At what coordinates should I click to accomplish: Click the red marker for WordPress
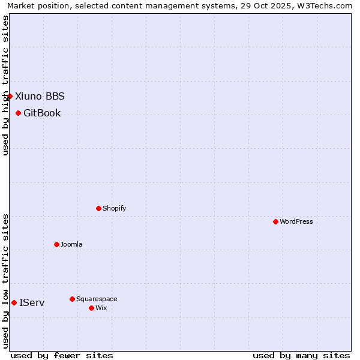[275, 221]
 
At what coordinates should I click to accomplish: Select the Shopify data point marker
[98, 208]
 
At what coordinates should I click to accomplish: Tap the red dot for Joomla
[56, 244]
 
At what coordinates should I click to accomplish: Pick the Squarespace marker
[72, 299]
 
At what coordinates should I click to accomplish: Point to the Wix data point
[91, 308]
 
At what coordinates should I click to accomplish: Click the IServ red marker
[14, 302]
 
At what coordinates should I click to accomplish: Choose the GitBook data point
[18, 113]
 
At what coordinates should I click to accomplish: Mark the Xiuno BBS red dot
[10, 96]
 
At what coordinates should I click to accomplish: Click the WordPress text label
[296, 221]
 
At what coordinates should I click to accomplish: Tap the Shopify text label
[114, 208]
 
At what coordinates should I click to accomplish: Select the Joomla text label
[71, 244]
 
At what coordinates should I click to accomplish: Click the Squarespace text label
[97, 299]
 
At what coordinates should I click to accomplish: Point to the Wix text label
[101, 308]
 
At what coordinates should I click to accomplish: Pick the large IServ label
[32, 302]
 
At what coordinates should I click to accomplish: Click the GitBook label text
[42, 113]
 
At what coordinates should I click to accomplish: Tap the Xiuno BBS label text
[40, 96]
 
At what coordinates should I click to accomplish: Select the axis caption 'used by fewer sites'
[62, 355]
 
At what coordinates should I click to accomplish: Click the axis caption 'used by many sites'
[301, 355]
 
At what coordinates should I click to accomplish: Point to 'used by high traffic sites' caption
[5, 85]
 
